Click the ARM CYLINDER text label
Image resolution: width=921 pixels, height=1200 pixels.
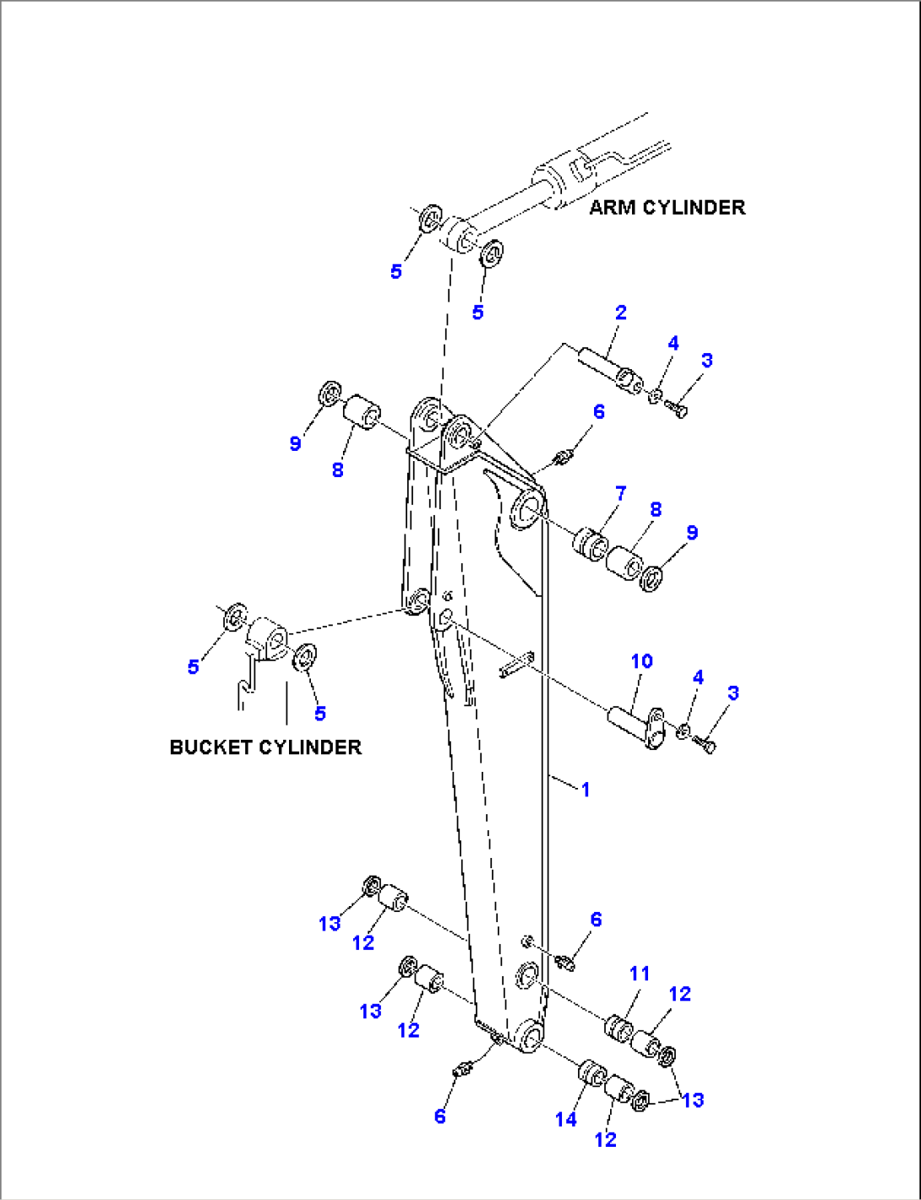click(x=667, y=208)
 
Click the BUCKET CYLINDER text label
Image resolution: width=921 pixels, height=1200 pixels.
click(x=265, y=747)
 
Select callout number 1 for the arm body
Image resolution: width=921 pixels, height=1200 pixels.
click(x=586, y=790)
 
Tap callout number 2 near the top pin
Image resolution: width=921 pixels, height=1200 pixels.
click(x=621, y=312)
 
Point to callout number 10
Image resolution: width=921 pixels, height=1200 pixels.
click(x=642, y=661)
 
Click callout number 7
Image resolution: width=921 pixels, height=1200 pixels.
click(x=621, y=493)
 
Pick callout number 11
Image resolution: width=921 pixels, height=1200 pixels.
click(x=640, y=974)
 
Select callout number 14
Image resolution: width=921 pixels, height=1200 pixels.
click(x=565, y=1119)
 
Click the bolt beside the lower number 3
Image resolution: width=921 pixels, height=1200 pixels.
click(x=705, y=744)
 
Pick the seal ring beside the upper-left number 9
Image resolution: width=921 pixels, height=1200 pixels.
click(x=329, y=394)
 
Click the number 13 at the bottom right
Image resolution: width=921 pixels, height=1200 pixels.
click(x=693, y=1100)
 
